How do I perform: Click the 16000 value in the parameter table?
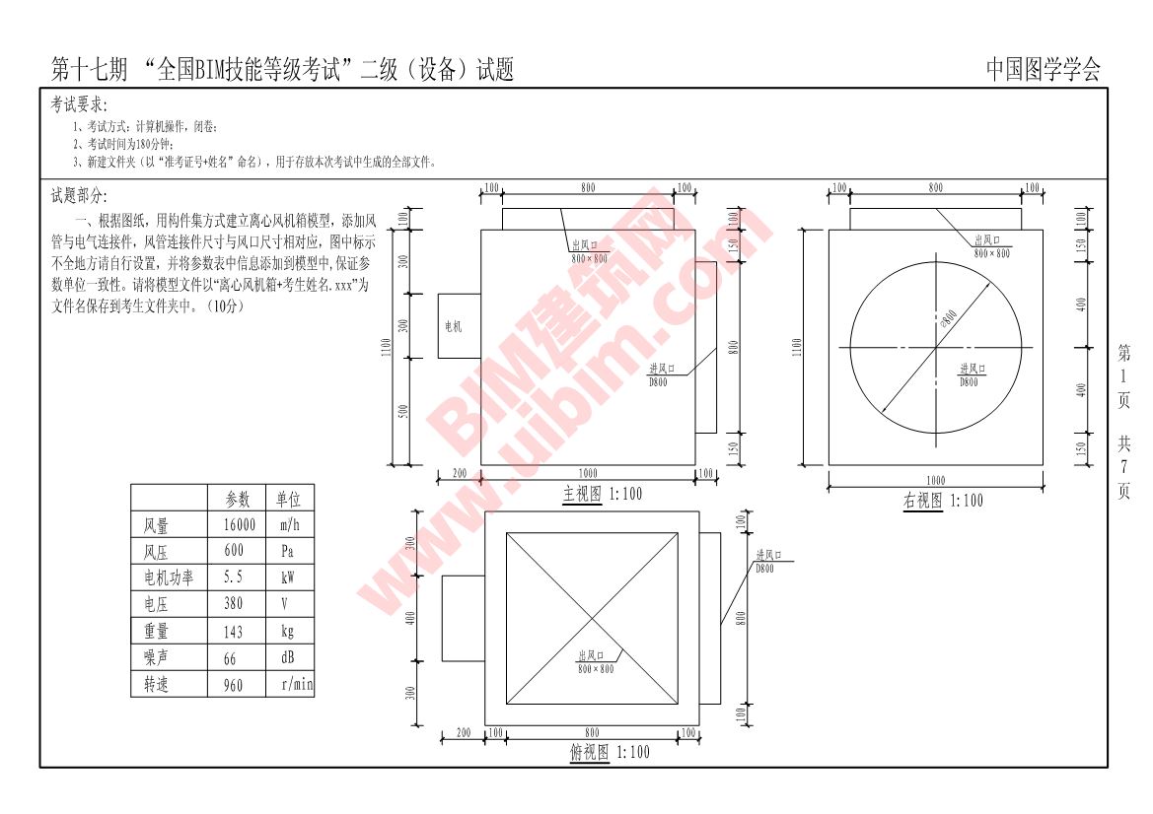tap(239, 525)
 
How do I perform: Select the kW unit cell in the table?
tap(287, 577)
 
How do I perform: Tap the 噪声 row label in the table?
tap(156, 657)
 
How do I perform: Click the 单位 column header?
tap(288, 500)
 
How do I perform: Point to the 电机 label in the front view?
tap(454, 326)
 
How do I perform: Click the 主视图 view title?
tap(582, 494)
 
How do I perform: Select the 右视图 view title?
tap(922, 501)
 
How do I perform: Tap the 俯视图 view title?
tap(589, 752)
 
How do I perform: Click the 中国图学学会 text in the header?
tap(1043, 70)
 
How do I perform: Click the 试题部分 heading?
tap(80, 196)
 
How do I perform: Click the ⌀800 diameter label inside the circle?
tap(950, 317)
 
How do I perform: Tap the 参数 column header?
tap(238, 500)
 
